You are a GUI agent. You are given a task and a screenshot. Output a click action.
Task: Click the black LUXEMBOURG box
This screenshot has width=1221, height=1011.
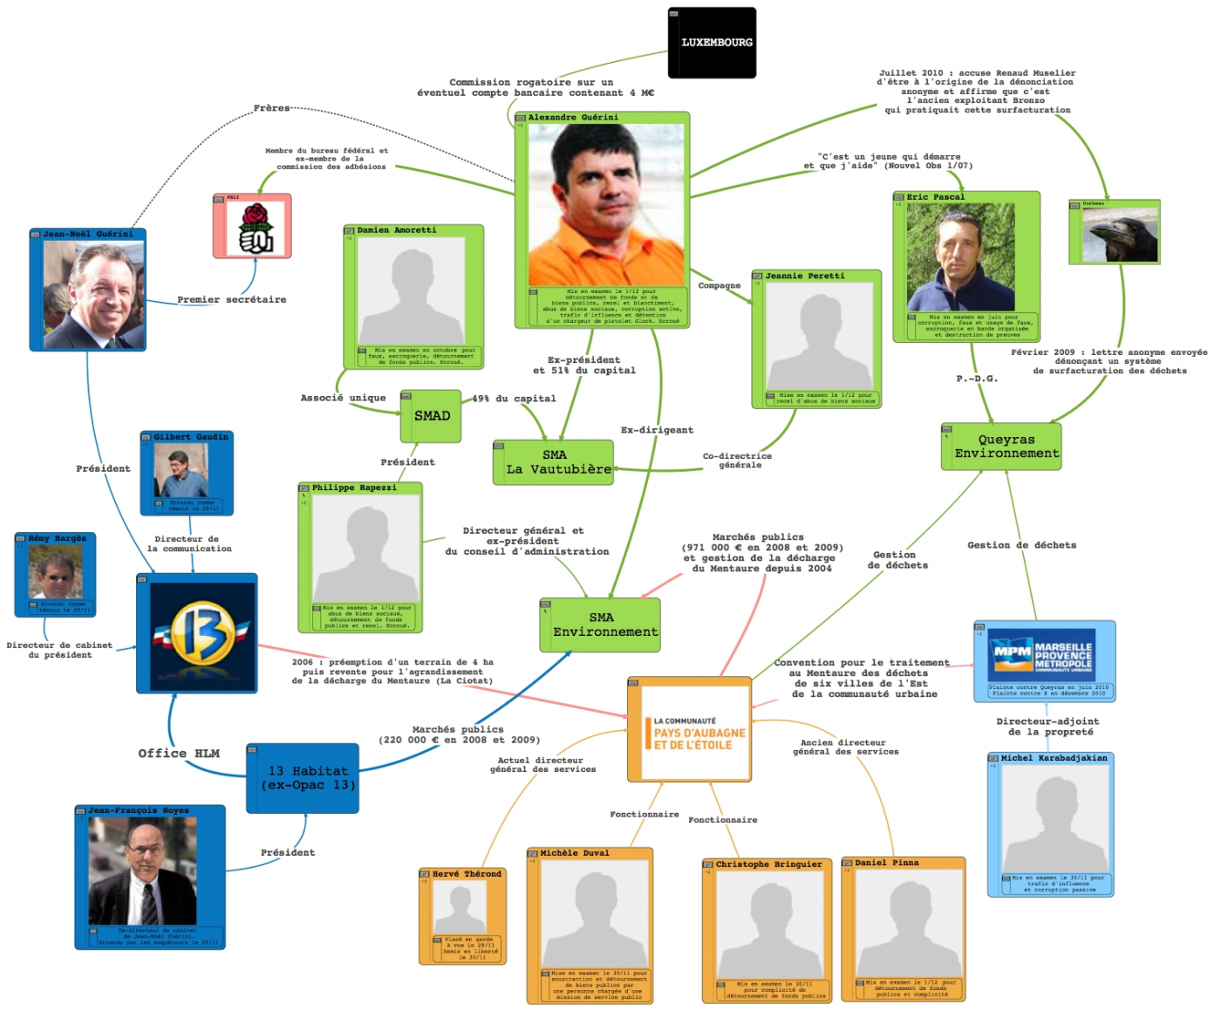click(x=712, y=43)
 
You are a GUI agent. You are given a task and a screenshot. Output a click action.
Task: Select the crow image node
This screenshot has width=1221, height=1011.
click(x=1120, y=234)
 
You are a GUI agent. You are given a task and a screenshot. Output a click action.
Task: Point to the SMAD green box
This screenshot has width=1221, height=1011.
click(x=432, y=417)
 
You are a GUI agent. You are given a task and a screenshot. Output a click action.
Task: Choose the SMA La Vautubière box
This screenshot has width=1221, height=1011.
click(x=554, y=462)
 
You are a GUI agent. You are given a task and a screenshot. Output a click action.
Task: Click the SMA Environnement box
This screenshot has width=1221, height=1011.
click(x=601, y=625)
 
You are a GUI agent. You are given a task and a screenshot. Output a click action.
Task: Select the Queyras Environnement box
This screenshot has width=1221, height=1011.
click(x=1002, y=447)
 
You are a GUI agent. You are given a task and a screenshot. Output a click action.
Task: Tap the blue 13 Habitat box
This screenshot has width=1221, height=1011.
click(x=304, y=778)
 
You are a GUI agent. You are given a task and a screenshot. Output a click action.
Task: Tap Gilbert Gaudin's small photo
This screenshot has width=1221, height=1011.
click(x=181, y=470)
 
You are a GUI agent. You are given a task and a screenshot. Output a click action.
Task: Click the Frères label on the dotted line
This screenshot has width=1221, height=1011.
click(x=271, y=108)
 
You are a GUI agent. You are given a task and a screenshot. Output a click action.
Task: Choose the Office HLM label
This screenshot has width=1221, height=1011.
click(x=179, y=754)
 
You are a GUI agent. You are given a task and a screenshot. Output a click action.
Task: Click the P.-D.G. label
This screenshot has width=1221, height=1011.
click(x=977, y=379)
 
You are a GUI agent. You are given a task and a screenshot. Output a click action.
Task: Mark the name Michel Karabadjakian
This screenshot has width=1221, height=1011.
click(x=1054, y=758)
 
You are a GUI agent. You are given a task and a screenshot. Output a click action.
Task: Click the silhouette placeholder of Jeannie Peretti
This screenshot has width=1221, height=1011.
click(x=819, y=336)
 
